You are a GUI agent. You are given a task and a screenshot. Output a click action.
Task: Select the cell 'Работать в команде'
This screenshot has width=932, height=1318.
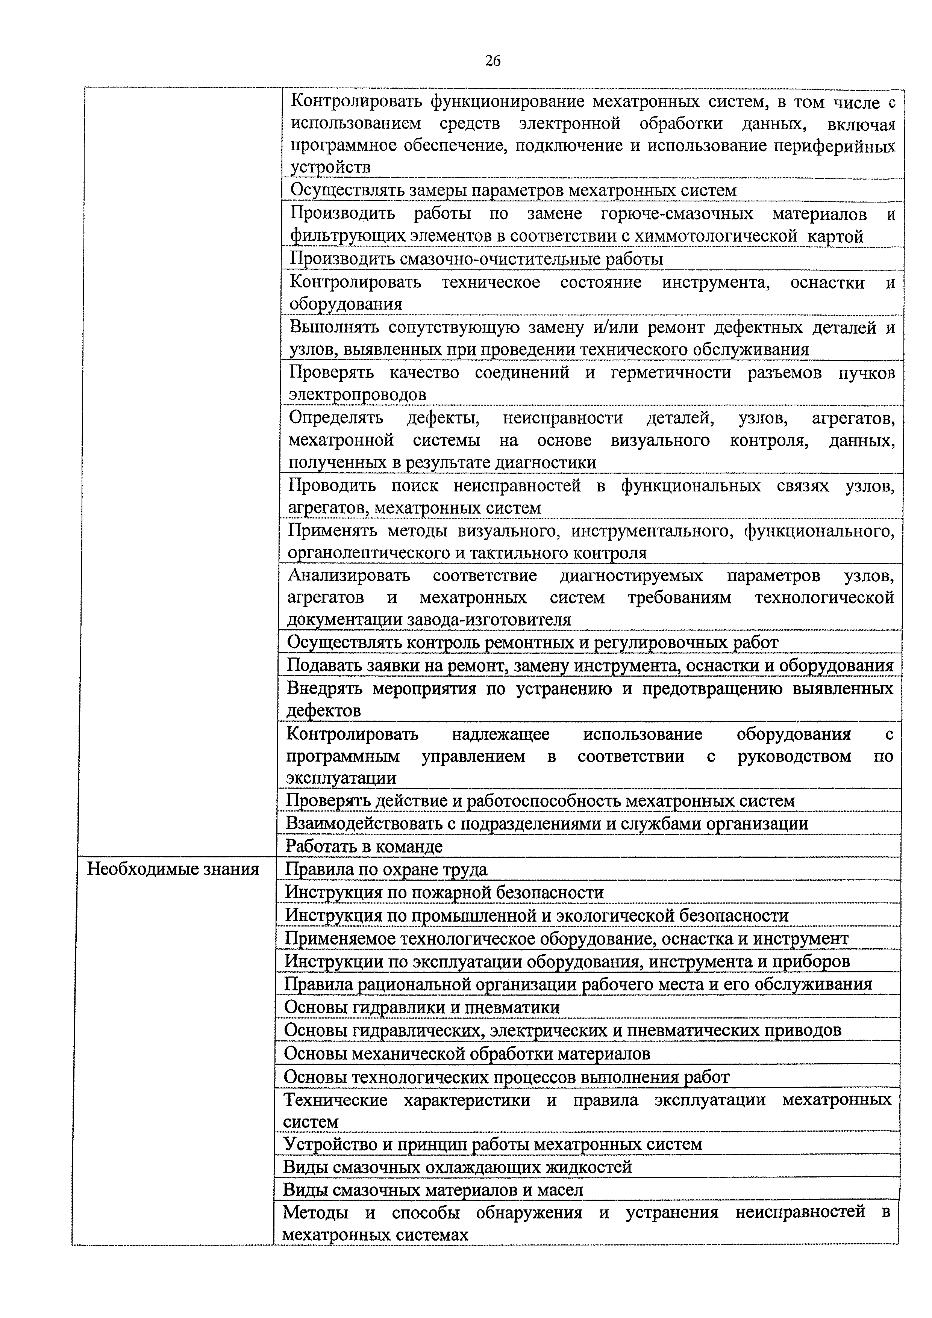[x=364, y=846]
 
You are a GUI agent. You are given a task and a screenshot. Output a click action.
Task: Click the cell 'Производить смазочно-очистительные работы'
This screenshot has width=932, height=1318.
[x=476, y=259]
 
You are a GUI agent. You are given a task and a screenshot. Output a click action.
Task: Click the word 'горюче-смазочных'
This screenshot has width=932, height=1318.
[x=677, y=214]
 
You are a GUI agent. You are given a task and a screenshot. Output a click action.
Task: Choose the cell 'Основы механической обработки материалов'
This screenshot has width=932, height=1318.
[x=467, y=1053]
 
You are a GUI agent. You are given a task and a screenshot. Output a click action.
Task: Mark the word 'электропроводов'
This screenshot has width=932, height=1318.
[x=357, y=394]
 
